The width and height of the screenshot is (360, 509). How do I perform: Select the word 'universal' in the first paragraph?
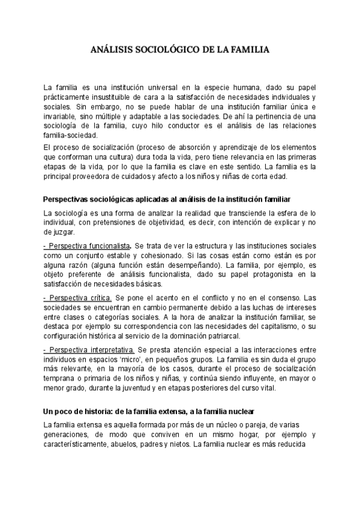click(x=158, y=87)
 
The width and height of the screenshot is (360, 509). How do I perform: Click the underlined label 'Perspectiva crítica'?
click(x=77, y=298)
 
